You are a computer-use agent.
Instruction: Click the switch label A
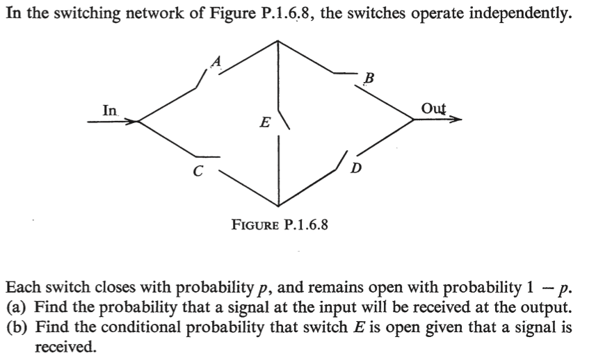click(x=216, y=63)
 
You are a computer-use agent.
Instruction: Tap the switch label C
click(x=198, y=169)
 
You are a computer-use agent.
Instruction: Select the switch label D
click(x=357, y=168)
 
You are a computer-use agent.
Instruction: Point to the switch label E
click(x=264, y=124)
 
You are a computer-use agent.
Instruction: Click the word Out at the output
click(x=434, y=108)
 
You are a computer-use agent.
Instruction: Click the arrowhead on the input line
click(x=132, y=122)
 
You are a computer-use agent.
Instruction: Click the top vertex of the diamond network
click(x=279, y=40)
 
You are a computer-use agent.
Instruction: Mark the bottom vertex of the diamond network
click(x=279, y=205)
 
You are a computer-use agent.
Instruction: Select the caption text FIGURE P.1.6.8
click(x=280, y=224)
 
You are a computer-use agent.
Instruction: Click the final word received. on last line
click(x=65, y=346)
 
